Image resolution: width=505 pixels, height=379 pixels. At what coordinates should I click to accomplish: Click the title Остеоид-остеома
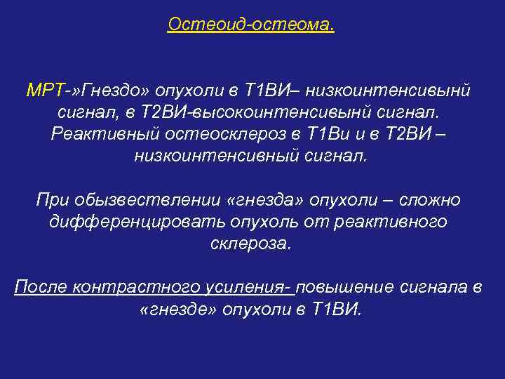(251, 25)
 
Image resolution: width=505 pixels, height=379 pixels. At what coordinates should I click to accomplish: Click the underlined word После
(42, 288)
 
